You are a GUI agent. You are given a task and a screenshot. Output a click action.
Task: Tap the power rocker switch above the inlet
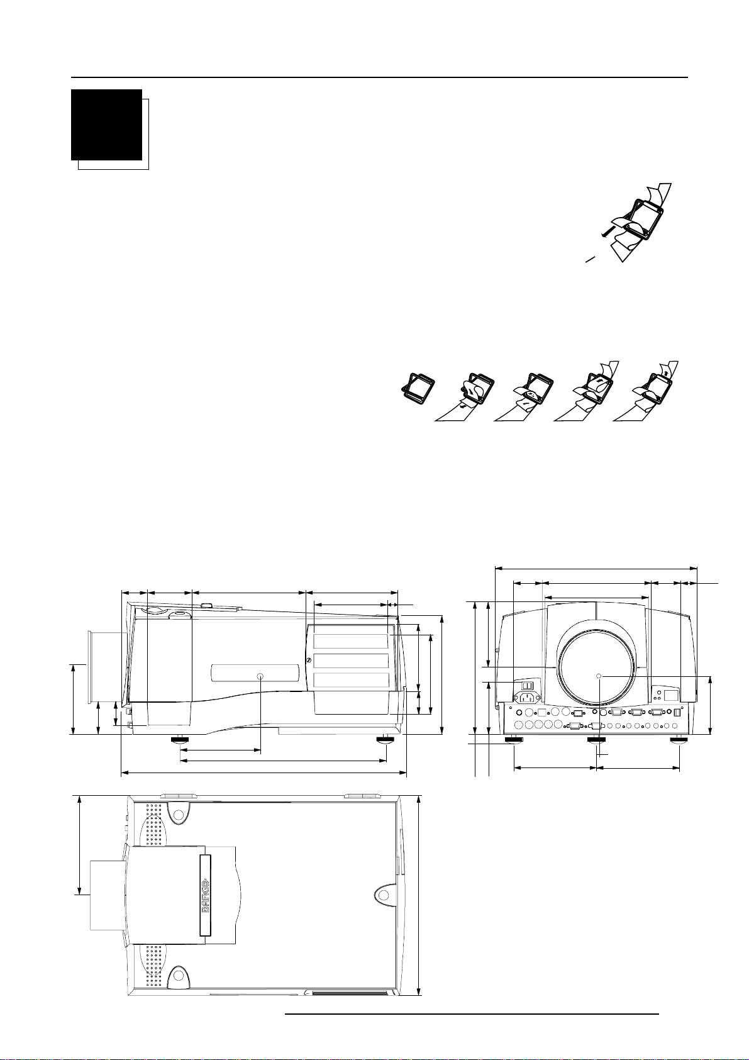click(x=528, y=684)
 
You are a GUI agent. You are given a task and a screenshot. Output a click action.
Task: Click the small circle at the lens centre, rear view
click(x=599, y=677)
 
